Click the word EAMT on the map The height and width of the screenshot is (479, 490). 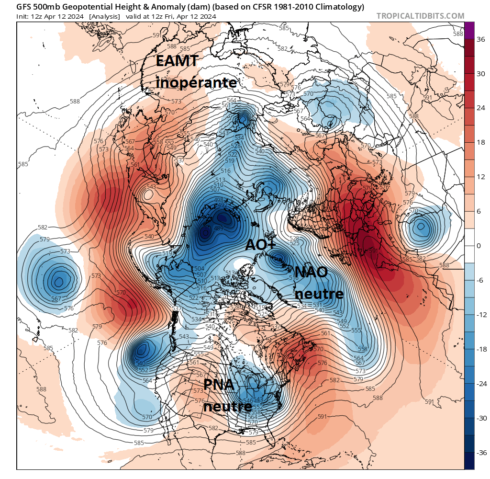(178, 61)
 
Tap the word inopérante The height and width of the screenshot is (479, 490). (196, 82)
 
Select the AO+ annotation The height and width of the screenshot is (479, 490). (261, 244)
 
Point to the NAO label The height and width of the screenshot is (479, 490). (311, 272)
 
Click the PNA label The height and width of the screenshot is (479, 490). (219, 384)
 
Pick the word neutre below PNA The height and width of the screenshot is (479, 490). (227, 406)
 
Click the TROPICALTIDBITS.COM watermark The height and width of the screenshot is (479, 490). (420, 16)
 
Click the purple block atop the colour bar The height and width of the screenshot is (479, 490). (469, 30)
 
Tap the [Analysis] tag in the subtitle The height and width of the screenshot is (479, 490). (105, 16)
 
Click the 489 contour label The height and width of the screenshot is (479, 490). (219, 228)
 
